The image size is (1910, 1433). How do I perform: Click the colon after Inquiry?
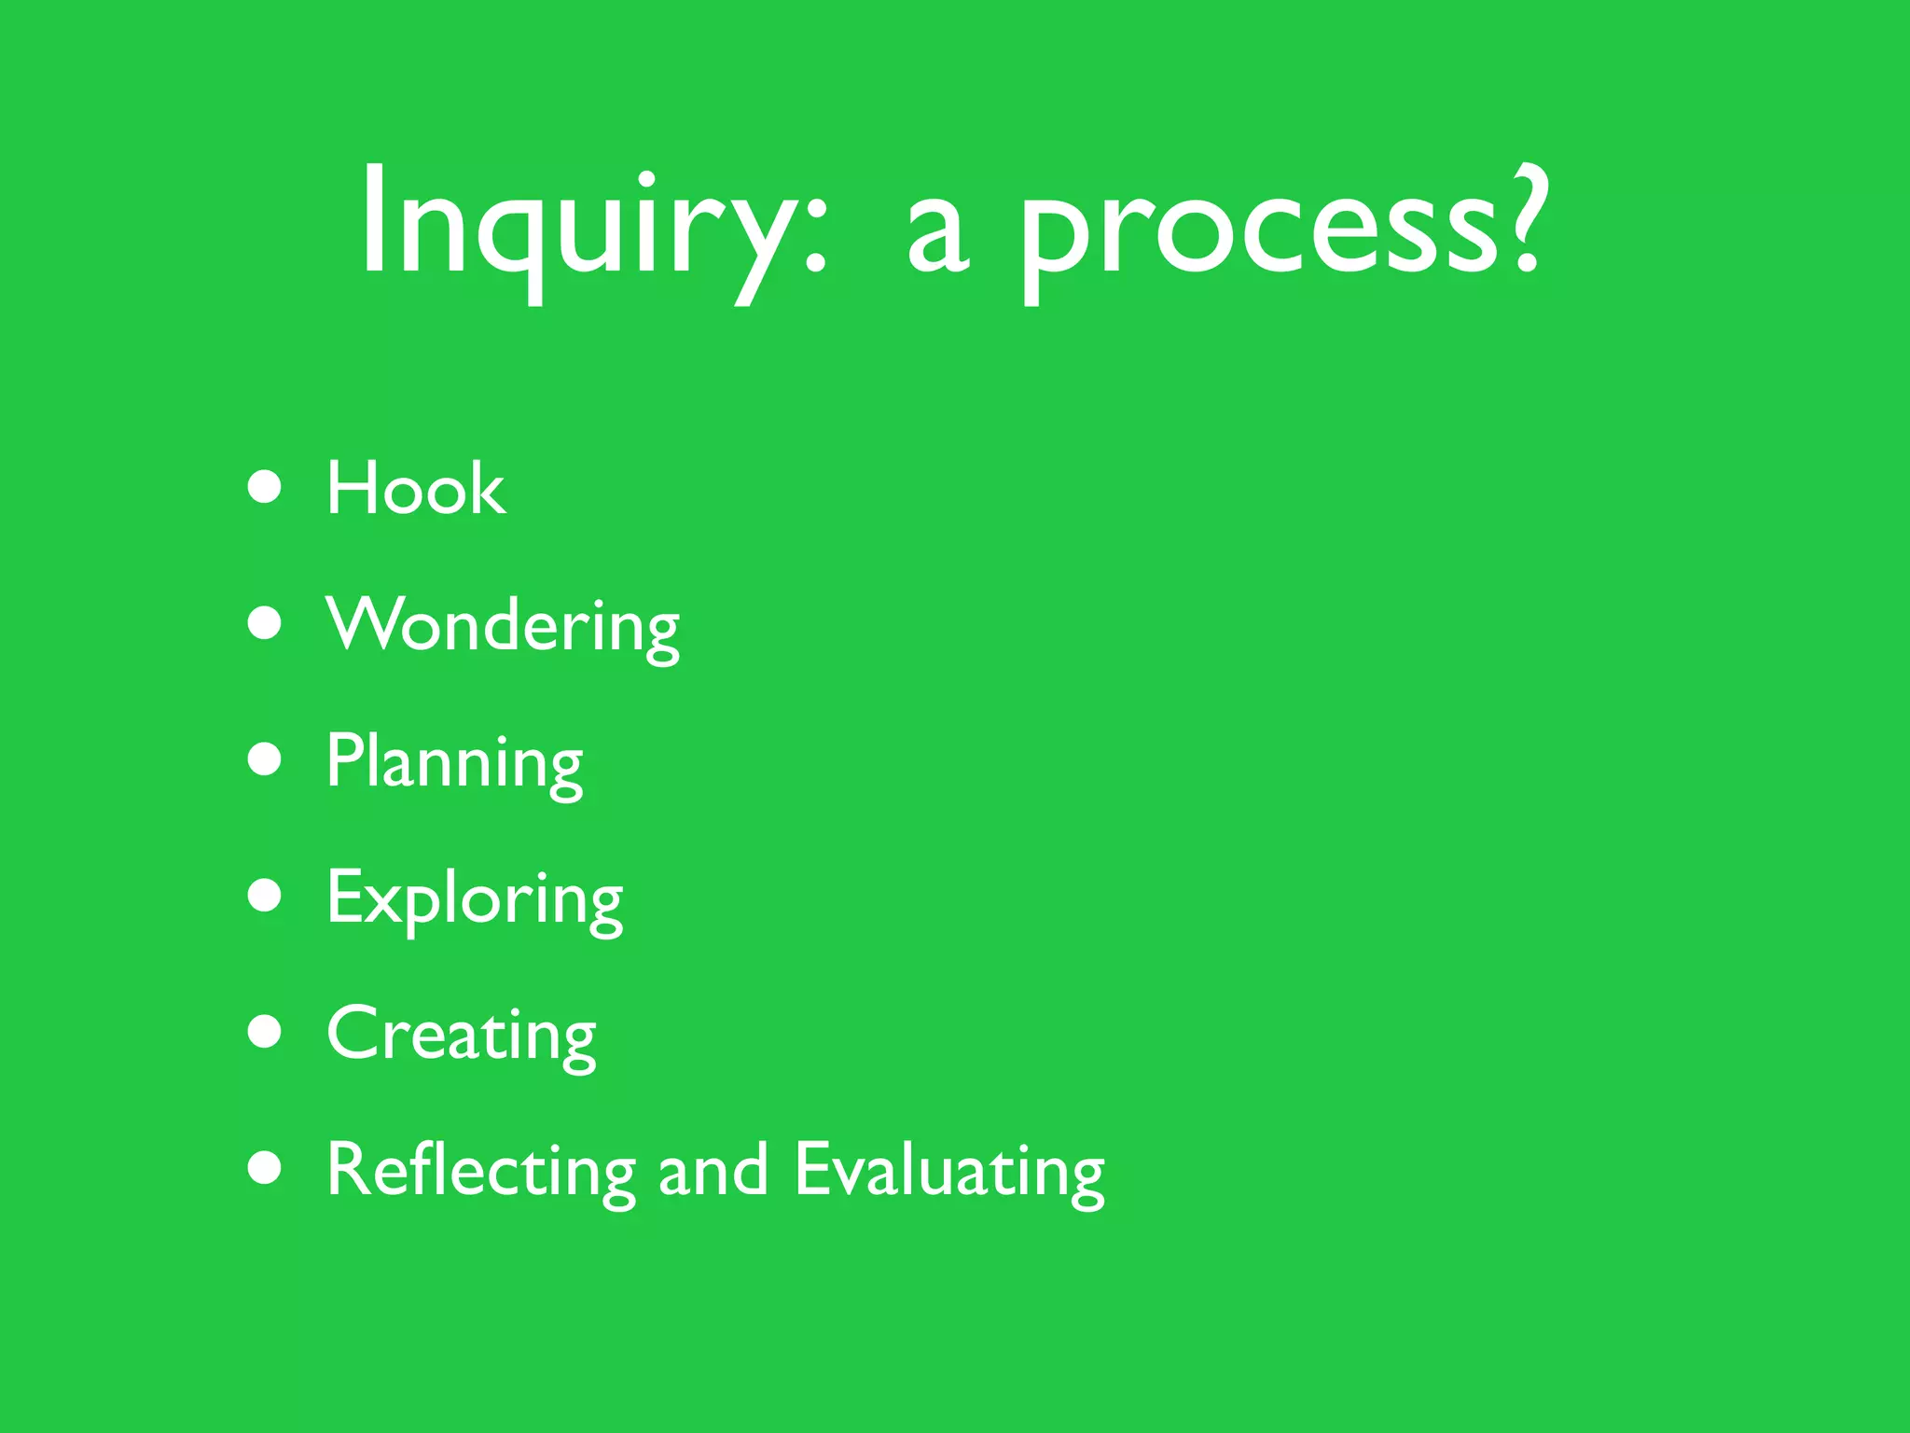815,233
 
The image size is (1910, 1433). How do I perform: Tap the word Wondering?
503,627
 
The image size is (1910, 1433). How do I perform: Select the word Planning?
454,763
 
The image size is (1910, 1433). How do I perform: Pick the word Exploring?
475,899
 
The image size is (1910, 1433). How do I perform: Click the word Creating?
462,1036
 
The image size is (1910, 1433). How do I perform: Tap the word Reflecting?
480,1172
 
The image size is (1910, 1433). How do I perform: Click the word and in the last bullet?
713,1172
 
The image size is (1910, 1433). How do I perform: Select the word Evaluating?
949,1172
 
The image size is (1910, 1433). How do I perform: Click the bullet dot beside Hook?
266,486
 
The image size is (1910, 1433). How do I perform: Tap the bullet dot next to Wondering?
266,622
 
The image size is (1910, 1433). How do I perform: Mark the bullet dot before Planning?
266,758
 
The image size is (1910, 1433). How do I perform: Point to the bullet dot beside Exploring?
266,895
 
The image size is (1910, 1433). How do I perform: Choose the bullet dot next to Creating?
266,1032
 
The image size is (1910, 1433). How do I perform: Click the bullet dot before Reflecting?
266,1167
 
